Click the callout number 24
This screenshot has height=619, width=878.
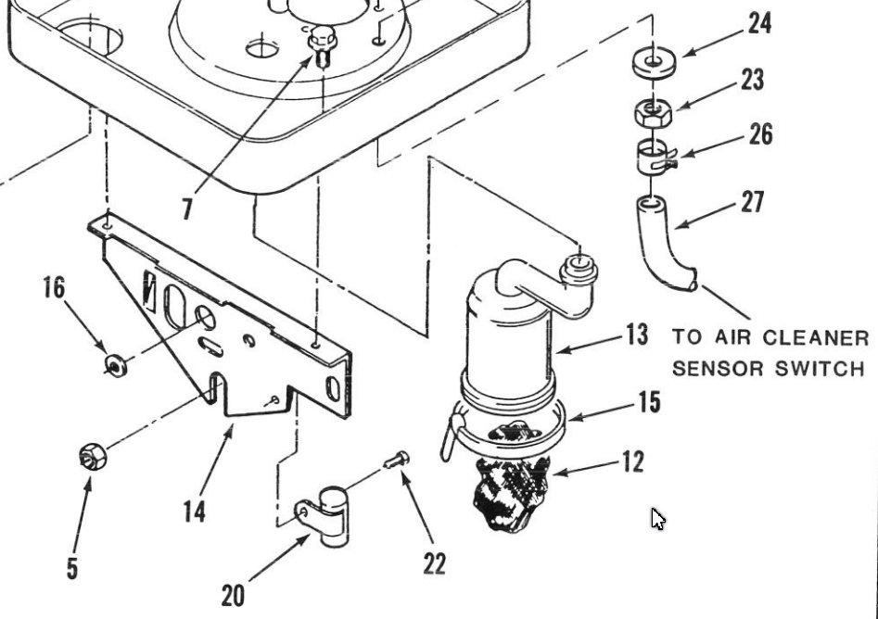click(x=759, y=24)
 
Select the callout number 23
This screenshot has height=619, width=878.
click(x=753, y=80)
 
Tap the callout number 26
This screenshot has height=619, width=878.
click(x=761, y=134)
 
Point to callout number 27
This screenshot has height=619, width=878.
click(x=753, y=202)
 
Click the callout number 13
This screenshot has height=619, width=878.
click(x=636, y=335)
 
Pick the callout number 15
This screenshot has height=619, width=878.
click(x=650, y=402)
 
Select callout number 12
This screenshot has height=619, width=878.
click(x=633, y=461)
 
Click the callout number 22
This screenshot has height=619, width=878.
click(x=435, y=563)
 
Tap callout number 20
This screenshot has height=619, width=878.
click(x=233, y=596)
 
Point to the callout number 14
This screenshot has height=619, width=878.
click(x=195, y=511)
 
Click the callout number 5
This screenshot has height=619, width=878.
click(x=72, y=568)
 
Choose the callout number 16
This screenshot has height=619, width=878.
click(x=55, y=287)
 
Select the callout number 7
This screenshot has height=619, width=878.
click(x=187, y=209)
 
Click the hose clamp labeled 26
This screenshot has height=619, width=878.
click(x=655, y=157)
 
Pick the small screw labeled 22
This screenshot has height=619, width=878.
click(x=397, y=460)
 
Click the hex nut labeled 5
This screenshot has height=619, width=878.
click(x=93, y=456)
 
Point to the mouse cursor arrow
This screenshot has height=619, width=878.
click(x=658, y=519)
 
